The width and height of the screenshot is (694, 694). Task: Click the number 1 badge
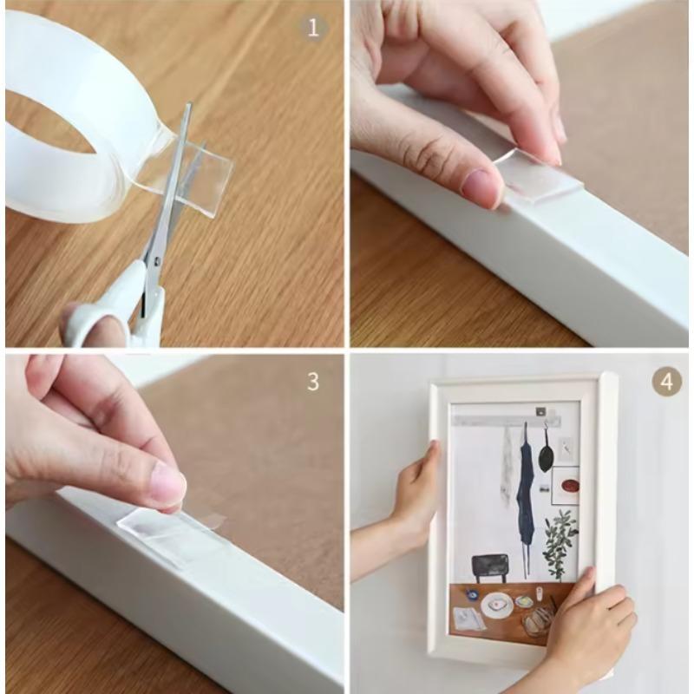point(314,27)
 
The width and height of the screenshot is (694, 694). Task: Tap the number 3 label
point(313,381)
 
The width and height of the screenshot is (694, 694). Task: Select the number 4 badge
point(666,381)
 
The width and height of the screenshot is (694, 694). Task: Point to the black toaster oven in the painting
point(490,566)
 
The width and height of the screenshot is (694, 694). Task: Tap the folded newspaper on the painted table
point(469,619)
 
